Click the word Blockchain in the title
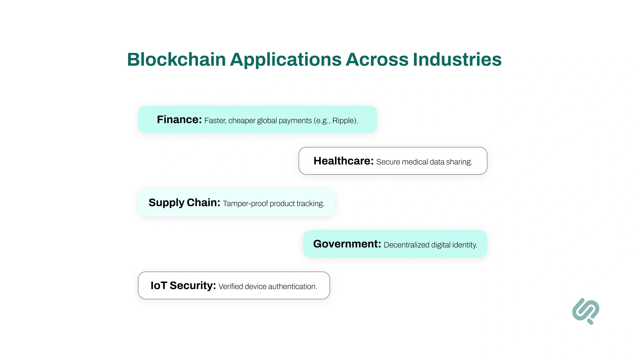[176, 60]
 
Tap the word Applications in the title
[286, 60]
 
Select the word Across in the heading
[377, 60]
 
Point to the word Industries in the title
[457, 60]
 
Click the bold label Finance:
[179, 120]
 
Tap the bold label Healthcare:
[343, 161]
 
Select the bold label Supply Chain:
[184, 203]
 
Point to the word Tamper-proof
[245, 204]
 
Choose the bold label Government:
[347, 244]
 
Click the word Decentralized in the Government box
[406, 245]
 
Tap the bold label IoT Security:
[183, 286]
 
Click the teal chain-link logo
[586, 311]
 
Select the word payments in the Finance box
[295, 121]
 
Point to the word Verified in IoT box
[231, 287]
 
